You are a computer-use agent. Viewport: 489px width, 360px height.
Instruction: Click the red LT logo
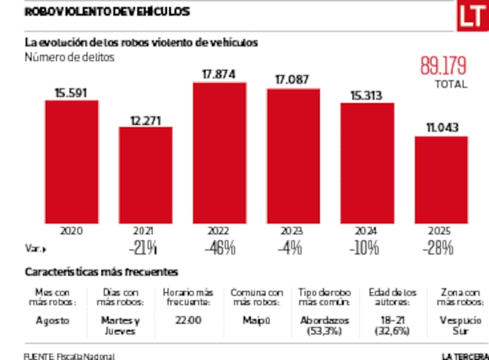click(471, 17)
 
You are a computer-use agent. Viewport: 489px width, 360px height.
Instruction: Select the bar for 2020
click(72, 161)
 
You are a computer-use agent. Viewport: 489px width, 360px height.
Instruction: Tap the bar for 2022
click(219, 153)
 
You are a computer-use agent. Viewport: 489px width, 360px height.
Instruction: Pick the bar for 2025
click(441, 180)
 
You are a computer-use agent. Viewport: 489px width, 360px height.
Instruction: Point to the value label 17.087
click(293, 80)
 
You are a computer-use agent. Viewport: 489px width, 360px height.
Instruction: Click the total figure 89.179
click(443, 65)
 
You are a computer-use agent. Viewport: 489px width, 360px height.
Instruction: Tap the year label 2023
click(293, 231)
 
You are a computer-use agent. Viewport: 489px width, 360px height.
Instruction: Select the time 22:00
click(188, 320)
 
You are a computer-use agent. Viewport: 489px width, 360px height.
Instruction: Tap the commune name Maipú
click(256, 320)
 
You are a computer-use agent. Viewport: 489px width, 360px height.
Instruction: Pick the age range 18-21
click(391, 320)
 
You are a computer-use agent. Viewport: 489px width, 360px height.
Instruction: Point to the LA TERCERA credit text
click(465, 356)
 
